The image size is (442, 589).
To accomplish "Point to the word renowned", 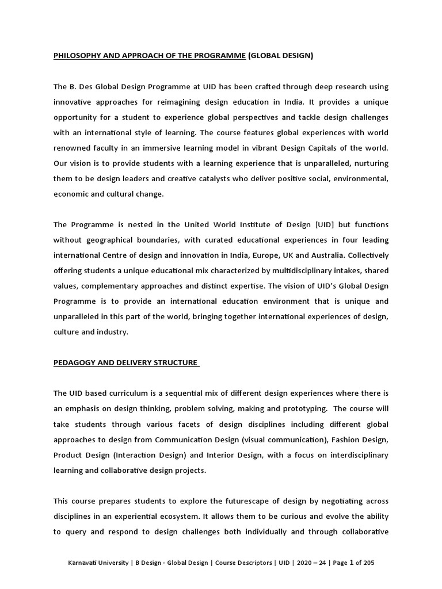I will (73, 148).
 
